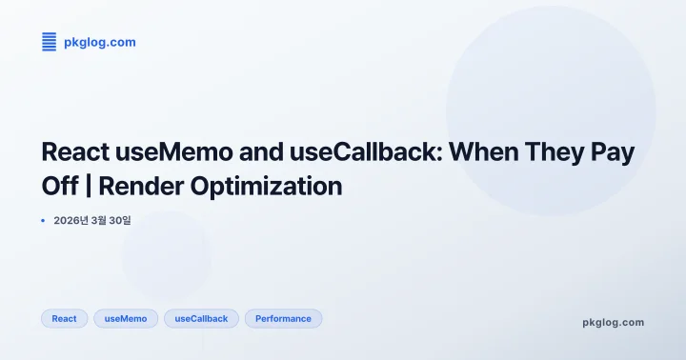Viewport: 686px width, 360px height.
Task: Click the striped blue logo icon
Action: coord(50,42)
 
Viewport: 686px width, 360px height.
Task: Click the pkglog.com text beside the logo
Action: coord(99,42)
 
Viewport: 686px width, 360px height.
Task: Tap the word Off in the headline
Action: coord(61,186)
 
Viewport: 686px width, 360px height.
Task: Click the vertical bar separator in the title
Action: coord(98,186)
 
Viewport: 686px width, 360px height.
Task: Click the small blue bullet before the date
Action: coord(43,221)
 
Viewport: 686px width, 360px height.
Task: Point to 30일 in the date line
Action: coord(119,221)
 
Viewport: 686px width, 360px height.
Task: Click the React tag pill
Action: coord(65,319)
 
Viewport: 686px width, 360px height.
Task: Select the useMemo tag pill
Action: coord(126,319)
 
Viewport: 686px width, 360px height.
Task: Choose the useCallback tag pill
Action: coord(201,319)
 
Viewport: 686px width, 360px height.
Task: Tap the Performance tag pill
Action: coord(283,319)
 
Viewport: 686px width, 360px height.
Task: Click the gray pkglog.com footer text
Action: coord(613,322)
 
